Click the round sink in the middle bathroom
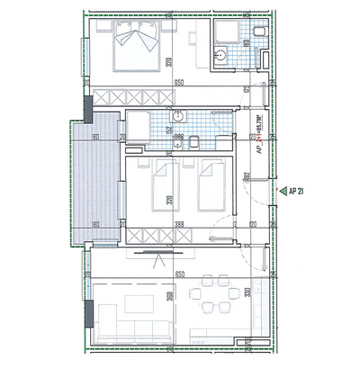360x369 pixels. tap(178, 117)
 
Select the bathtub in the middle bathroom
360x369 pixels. tap(143, 127)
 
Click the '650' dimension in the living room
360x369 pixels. tap(180, 273)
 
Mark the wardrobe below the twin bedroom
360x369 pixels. tap(161, 237)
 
